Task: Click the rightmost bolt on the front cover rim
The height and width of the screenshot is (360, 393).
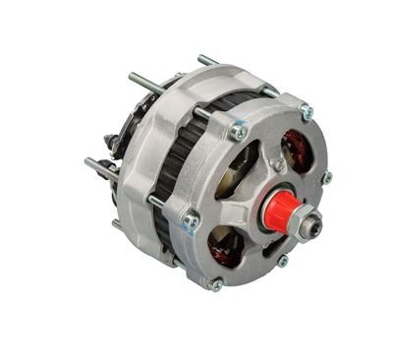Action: (x=327, y=178)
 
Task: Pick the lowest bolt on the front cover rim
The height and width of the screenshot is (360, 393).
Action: (x=216, y=285)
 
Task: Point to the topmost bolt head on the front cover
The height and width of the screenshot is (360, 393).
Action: (x=306, y=112)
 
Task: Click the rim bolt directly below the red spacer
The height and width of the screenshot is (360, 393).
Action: (x=282, y=261)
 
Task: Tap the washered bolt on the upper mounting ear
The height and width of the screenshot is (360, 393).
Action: (x=238, y=130)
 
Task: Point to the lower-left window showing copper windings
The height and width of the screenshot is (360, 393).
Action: (x=225, y=246)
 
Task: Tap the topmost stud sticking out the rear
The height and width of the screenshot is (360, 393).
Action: (x=205, y=60)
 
